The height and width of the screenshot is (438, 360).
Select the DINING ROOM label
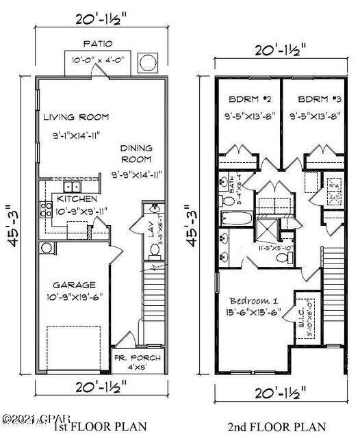(138, 153)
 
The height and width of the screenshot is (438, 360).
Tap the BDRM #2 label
(247, 99)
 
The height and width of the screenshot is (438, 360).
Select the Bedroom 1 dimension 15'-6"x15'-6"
(252, 314)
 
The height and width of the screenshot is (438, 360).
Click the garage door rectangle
(73, 349)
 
